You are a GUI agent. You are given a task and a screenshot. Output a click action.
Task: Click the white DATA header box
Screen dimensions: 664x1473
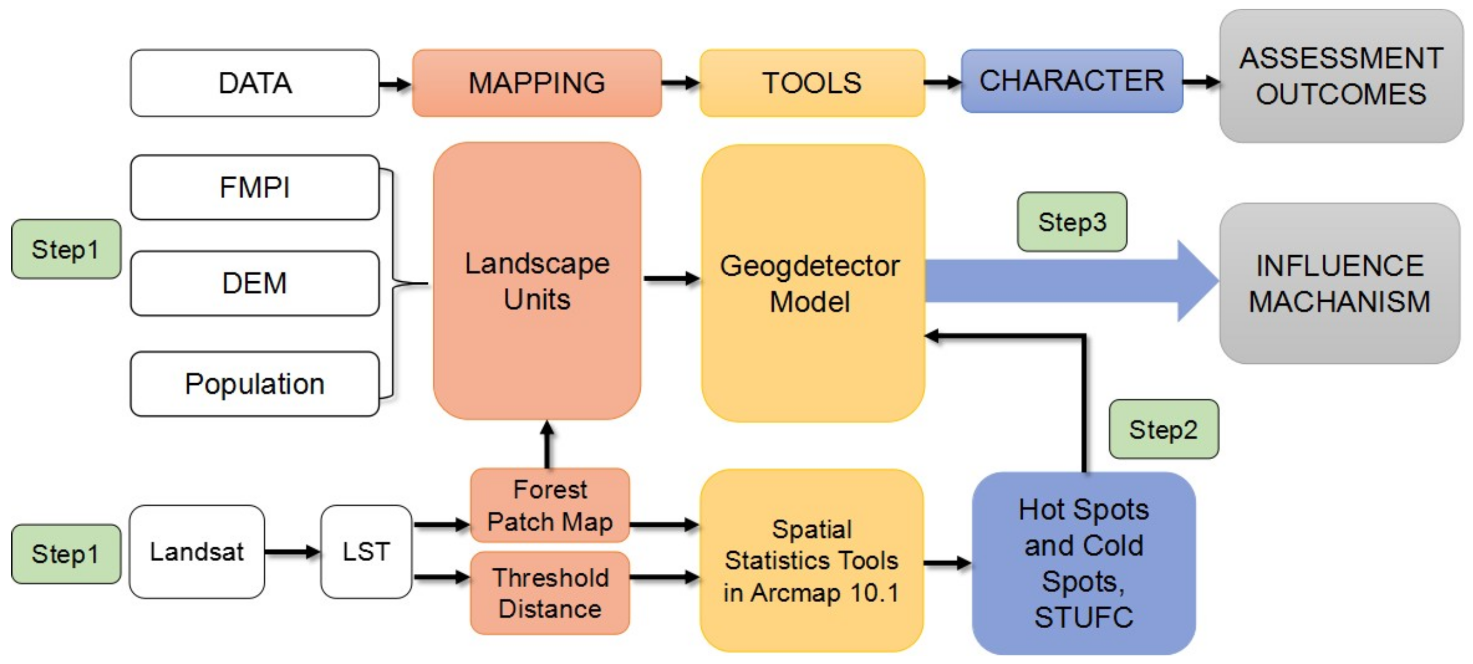coord(254,84)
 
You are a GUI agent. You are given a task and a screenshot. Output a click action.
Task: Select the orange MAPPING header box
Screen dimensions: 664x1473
coord(536,84)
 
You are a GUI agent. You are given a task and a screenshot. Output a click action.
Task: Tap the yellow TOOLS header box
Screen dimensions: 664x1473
coord(812,84)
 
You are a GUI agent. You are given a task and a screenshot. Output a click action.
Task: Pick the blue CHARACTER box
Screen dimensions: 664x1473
coord(1071,81)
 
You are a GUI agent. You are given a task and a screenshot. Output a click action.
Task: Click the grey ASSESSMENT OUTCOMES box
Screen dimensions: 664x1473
coord(1341,76)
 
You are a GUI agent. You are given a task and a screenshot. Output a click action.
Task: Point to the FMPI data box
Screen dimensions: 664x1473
coord(254,188)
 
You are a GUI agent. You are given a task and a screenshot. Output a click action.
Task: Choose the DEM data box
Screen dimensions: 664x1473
coord(254,283)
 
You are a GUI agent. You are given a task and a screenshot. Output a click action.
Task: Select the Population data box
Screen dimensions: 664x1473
coord(254,384)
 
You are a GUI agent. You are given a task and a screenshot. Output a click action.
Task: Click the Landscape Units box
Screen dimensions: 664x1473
coord(536,281)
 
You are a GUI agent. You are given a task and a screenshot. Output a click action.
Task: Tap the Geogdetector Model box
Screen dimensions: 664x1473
coord(812,283)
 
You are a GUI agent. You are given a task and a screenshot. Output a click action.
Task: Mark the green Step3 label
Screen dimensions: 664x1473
coord(1072,222)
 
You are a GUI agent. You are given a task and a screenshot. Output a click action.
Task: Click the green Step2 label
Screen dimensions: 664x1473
coord(1164,429)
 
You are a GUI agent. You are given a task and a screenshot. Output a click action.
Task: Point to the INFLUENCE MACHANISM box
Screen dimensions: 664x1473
coord(1340,283)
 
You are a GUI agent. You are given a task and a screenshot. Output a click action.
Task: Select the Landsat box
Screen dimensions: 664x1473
coord(197,552)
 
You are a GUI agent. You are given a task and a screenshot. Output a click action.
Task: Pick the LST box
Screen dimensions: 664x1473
coord(366,552)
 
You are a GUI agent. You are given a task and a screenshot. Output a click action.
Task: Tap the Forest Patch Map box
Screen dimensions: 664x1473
coord(549,506)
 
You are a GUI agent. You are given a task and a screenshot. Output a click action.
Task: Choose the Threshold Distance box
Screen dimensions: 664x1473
coord(549,593)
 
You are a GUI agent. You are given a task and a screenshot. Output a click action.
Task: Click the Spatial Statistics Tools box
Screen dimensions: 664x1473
coord(811,561)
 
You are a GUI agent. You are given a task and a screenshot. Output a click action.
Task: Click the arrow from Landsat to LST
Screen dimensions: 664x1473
coord(292,552)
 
